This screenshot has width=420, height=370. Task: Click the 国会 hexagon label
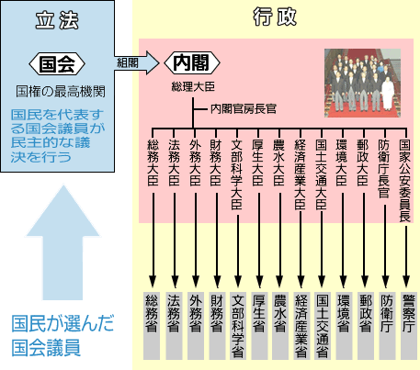tap(57, 64)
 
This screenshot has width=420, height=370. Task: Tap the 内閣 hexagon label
tap(192, 62)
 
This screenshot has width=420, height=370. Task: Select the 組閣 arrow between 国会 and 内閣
tap(137, 62)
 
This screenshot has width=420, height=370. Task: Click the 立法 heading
tap(57, 21)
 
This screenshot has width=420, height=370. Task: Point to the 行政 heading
tap(275, 17)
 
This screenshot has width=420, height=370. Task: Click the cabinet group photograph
tap(363, 83)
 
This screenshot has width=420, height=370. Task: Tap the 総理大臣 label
tap(193, 86)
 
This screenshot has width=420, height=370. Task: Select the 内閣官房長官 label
tap(244, 108)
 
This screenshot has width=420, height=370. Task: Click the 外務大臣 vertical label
tap(195, 163)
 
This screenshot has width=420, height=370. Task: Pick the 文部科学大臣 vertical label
tap(237, 174)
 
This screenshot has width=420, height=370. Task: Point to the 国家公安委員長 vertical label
tap(405, 181)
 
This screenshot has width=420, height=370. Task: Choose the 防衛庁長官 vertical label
tap(384, 169)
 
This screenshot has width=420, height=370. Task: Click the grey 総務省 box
tap(152, 326)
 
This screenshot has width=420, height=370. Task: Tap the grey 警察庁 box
tap(409, 326)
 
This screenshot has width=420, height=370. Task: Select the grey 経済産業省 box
tap(301, 326)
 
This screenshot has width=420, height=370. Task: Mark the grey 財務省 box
tap(217, 326)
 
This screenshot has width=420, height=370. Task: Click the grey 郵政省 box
tap(366, 326)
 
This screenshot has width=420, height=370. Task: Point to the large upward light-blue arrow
tap(62, 242)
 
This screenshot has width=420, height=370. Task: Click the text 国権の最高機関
tap(61, 92)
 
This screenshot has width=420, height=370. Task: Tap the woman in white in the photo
tap(388, 94)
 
